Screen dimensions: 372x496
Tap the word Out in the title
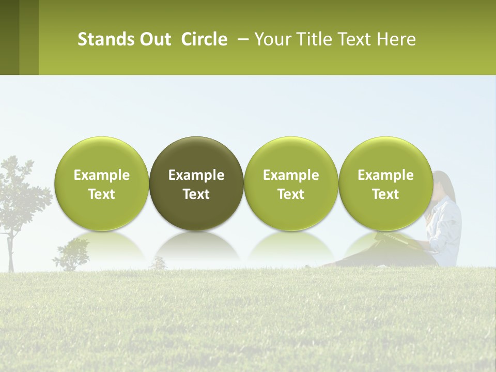point(154,39)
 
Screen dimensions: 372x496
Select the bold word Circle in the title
point(204,39)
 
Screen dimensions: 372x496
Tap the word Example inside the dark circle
point(196,175)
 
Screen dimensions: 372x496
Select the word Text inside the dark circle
point(196,194)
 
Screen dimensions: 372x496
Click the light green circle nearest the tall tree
point(101,183)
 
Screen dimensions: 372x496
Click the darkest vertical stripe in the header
point(9,37)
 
